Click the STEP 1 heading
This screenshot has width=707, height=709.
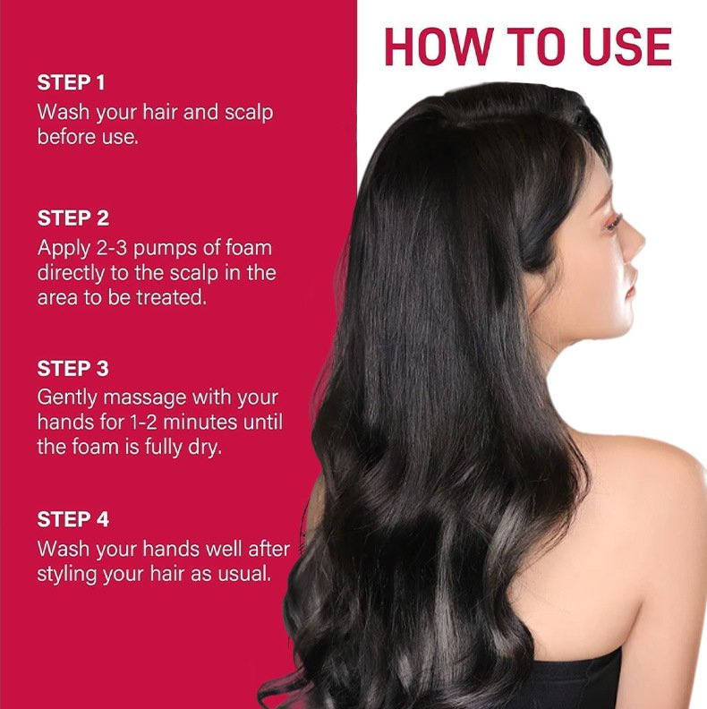pyautogui.click(x=71, y=82)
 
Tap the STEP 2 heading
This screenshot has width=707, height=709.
pyautogui.click(x=73, y=218)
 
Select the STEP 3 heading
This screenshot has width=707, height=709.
pyautogui.click(x=73, y=369)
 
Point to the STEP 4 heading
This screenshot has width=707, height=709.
pyautogui.click(x=73, y=519)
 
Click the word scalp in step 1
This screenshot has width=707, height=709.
pyautogui.click(x=249, y=113)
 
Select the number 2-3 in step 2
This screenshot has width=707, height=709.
pyautogui.click(x=112, y=248)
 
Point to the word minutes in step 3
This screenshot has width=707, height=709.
pyautogui.click(x=200, y=423)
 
